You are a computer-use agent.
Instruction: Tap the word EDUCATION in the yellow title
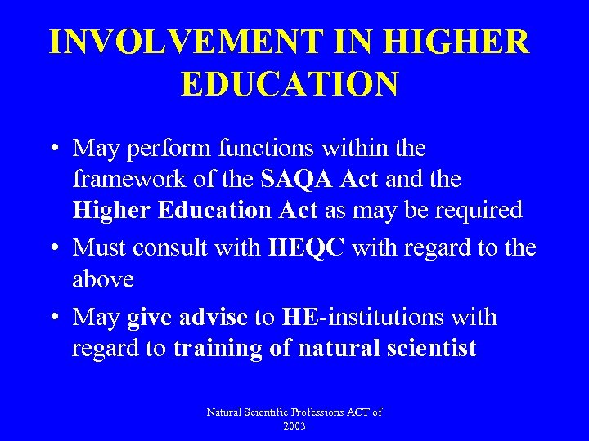pyautogui.click(x=290, y=83)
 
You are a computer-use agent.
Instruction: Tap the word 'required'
pyautogui.click(x=478, y=210)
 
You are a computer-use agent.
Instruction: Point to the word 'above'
pyautogui.click(x=102, y=279)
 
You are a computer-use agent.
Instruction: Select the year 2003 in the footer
pyautogui.click(x=294, y=425)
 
